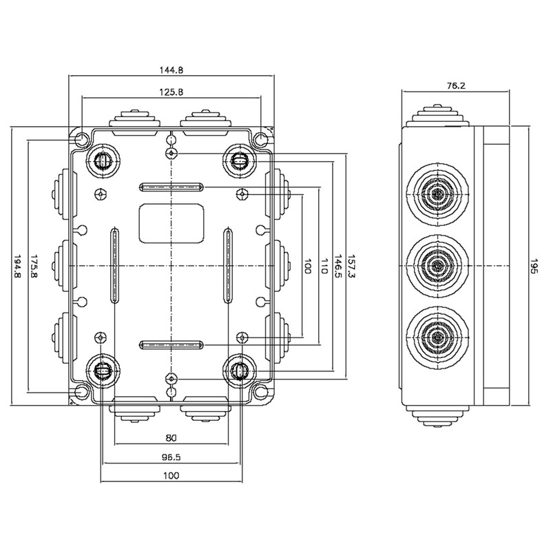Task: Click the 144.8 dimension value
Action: tap(171, 70)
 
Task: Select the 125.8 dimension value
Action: tap(171, 92)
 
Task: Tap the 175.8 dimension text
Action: tap(32, 265)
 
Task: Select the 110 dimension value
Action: tap(322, 265)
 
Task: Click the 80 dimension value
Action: tap(171, 437)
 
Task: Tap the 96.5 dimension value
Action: tap(171, 457)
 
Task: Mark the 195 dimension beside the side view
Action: tap(534, 265)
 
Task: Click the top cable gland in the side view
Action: tap(437, 195)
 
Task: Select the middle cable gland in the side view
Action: tap(437, 265)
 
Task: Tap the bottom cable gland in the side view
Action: tap(437, 335)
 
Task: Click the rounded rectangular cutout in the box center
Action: tap(171, 223)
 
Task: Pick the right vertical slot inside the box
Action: tap(228, 265)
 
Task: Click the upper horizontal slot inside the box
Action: tap(171, 187)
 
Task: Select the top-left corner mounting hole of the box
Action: tap(82, 140)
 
